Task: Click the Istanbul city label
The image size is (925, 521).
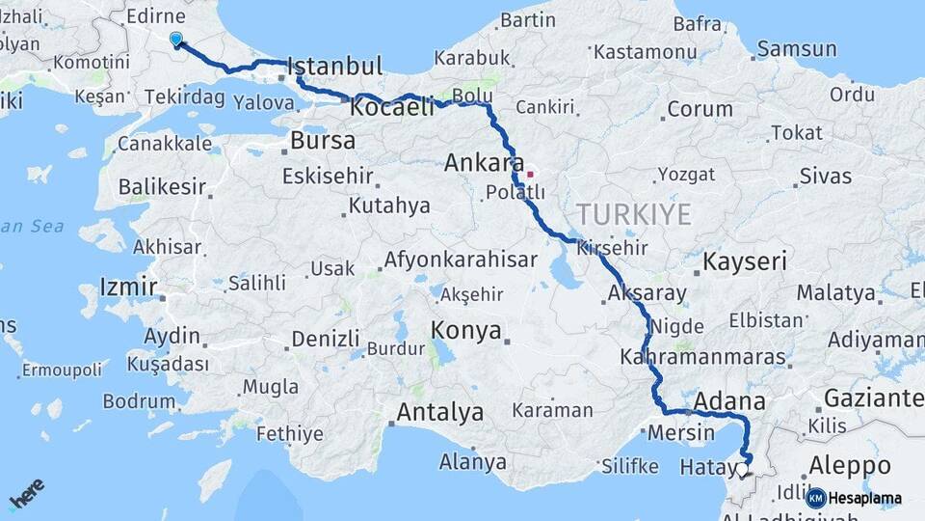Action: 334,67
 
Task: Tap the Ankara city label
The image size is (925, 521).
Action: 484,163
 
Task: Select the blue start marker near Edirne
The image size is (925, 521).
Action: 175,39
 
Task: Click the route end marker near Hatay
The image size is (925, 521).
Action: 741,471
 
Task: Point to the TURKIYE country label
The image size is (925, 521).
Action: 633,214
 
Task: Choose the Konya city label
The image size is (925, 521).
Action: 466,331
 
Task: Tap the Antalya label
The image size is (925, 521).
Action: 440,413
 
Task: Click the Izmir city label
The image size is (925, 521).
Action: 128,287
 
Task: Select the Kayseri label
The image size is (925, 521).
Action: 745,260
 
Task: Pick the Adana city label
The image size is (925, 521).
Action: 729,401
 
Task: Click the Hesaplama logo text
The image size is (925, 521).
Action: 864,499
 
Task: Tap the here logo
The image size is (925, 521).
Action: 26,493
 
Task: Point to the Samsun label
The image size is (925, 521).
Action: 797,49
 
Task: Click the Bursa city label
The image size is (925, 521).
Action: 323,141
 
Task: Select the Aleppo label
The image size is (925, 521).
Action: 849,465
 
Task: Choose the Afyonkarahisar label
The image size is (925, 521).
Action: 461,260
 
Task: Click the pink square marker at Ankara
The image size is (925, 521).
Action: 529,175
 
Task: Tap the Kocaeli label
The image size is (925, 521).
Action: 392,107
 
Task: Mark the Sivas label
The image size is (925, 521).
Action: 825,177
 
